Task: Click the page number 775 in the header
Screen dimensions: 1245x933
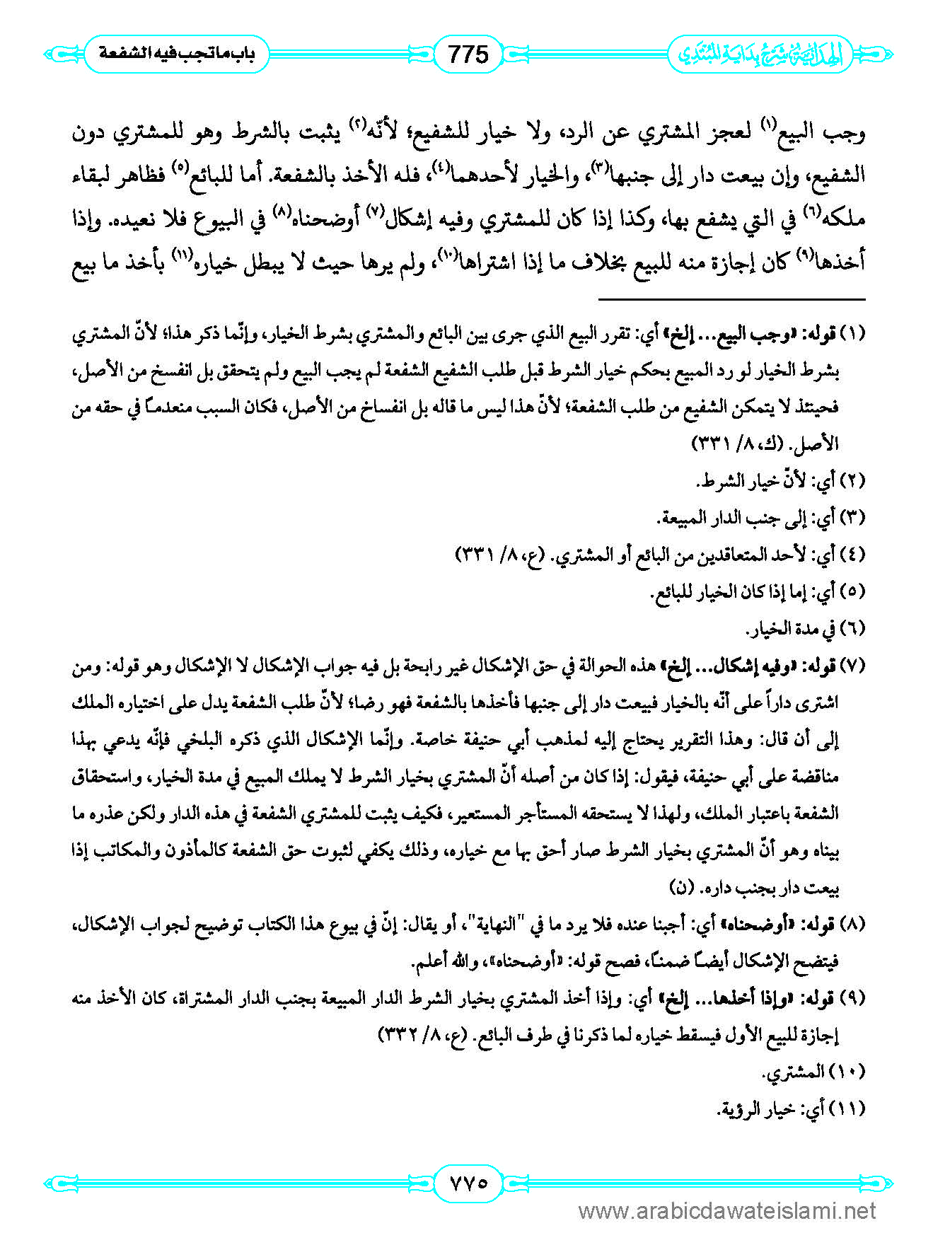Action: [468, 54]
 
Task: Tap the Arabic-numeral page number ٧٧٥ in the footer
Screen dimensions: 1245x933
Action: [468, 1182]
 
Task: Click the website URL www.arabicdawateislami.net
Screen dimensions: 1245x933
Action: [727, 1212]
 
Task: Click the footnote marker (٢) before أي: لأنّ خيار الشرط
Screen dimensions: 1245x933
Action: [852, 481]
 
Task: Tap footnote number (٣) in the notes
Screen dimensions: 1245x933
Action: [852, 519]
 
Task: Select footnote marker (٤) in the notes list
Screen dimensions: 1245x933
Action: [852, 555]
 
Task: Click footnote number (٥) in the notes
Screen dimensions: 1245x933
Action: [852, 591]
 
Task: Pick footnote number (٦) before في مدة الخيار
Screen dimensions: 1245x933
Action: [852, 628]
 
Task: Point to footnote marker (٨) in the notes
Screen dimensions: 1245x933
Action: [852, 924]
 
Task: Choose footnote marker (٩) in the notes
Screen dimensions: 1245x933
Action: [852, 998]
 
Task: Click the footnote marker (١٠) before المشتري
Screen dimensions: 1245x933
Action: [849, 1072]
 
